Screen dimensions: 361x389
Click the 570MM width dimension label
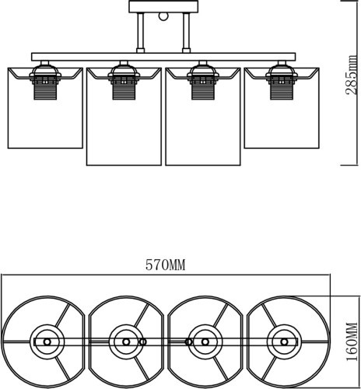[165, 265]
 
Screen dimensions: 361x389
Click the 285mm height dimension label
[352, 75]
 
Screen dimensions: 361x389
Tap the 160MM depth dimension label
[352, 342]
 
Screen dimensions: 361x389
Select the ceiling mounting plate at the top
[163, 6]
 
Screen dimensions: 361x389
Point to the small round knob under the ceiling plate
[163, 16]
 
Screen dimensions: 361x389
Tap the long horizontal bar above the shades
[163, 57]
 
